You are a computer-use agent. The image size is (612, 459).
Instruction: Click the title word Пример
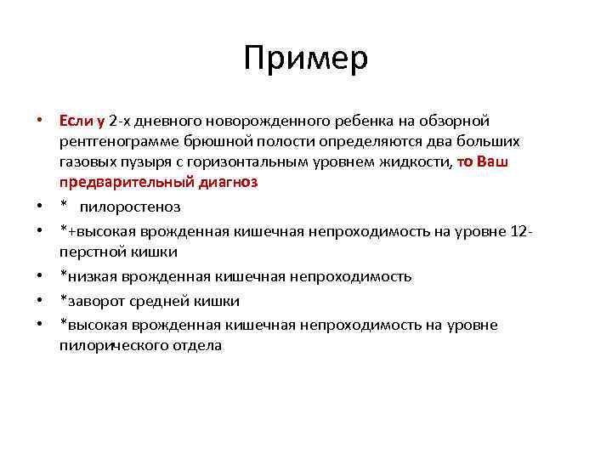coord(305,59)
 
